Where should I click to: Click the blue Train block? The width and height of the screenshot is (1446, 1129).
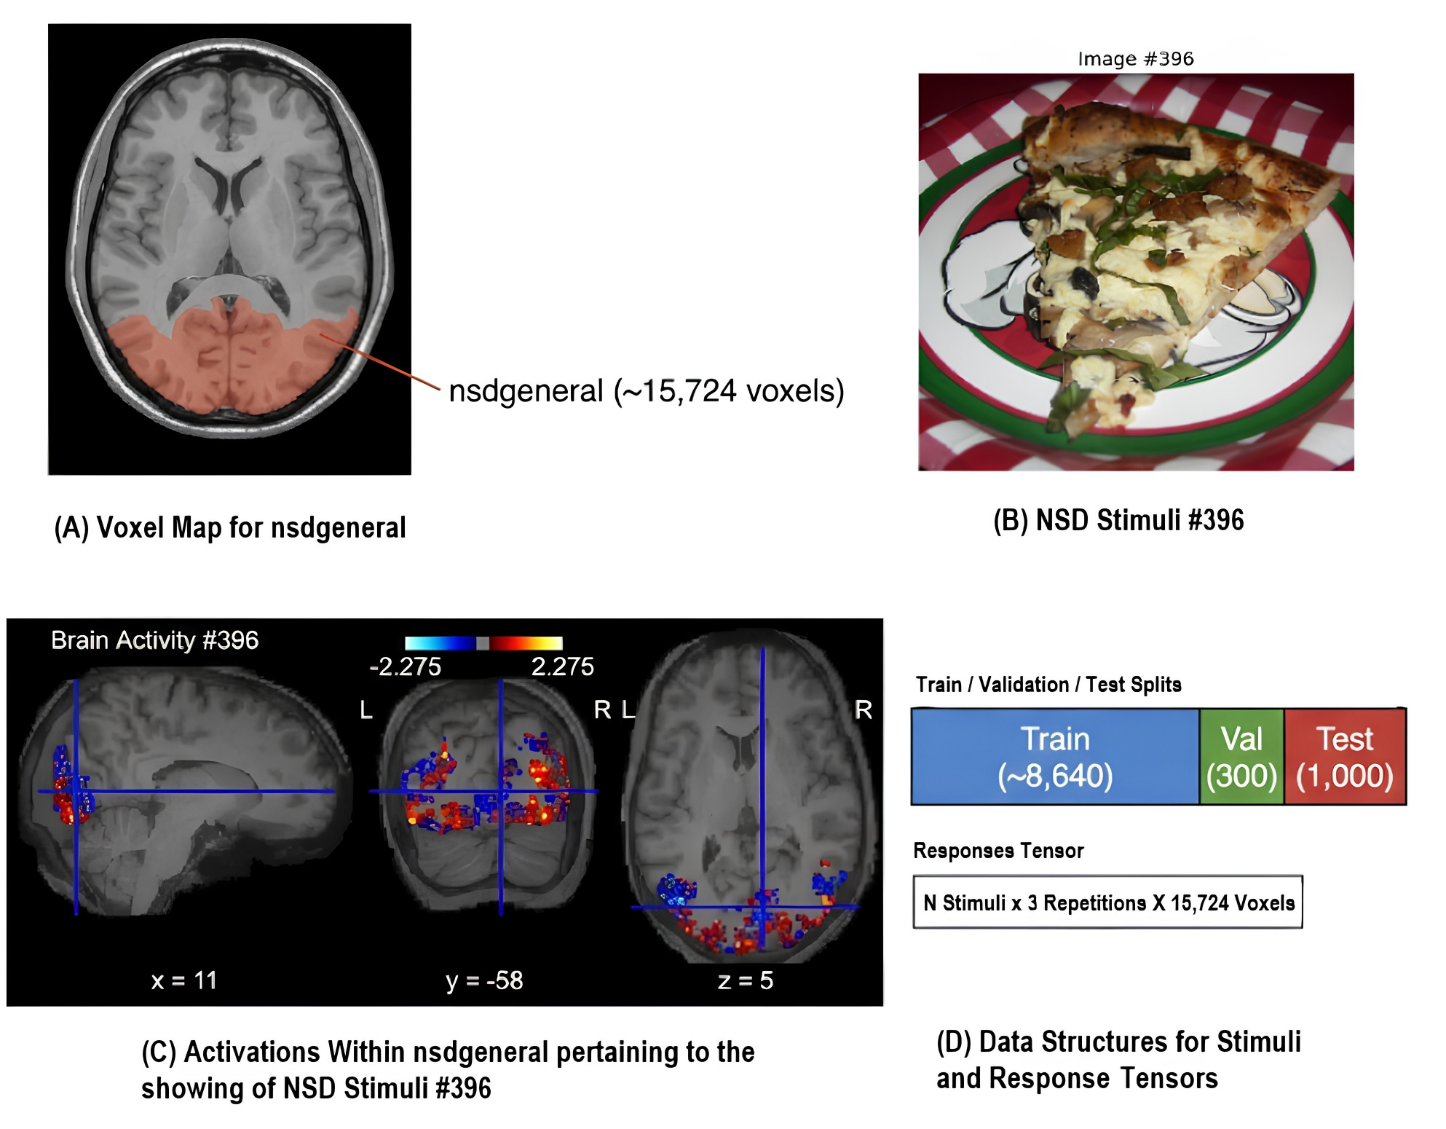coord(1055,757)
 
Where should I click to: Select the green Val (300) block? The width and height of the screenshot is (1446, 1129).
coord(1241,757)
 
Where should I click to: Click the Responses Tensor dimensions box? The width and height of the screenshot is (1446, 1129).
coord(1107,902)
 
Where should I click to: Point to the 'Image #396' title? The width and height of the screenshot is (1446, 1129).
coord(1136,59)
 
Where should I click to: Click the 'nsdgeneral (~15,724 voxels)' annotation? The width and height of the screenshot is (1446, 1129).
coord(647,391)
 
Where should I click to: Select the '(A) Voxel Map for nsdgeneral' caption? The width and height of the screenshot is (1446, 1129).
coord(230,527)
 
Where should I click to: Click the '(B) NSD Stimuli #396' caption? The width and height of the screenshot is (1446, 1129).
coord(1118,520)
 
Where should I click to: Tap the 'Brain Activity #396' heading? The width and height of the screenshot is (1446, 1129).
coord(154,640)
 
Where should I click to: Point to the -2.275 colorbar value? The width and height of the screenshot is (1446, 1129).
coord(405,666)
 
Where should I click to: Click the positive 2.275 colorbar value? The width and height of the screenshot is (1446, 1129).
coord(562,666)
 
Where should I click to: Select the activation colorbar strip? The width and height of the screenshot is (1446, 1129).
coord(483,642)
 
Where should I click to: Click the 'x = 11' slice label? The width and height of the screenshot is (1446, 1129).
coord(183,980)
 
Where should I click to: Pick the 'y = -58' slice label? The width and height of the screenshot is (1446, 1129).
coord(484,981)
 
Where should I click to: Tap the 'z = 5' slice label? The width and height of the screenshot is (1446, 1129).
coord(745,980)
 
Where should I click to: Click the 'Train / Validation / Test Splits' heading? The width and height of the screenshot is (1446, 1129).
coord(1048,685)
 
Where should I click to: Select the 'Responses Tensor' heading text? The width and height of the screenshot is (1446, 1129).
coord(998,851)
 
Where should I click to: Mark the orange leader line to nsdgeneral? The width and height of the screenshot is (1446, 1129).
coord(379,362)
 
